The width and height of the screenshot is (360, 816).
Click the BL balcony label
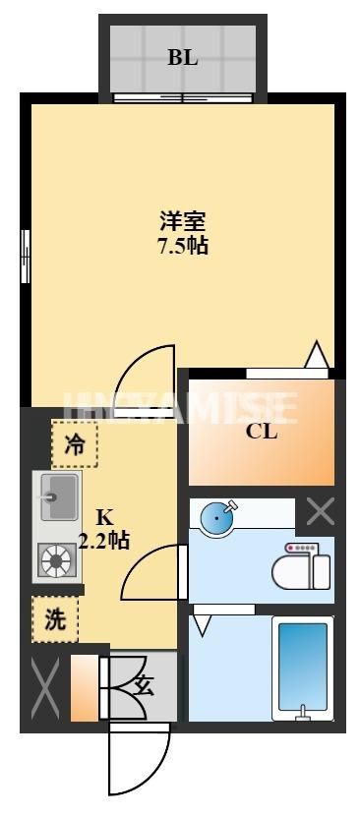tap(182, 57)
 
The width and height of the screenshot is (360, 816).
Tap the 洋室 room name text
tap(182, 223)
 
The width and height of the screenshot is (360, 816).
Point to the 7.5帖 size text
tap(182, 246)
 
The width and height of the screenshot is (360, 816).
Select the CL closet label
tap(262, 431)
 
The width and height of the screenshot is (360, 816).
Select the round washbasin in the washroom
tap(217, 517)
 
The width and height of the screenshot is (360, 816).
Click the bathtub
tap(303, 666)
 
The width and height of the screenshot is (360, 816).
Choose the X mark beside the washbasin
tap(321, 511)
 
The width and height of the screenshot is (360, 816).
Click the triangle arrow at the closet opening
tap(316, 356)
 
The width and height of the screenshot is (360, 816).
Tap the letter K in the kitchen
tap(103, 517)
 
